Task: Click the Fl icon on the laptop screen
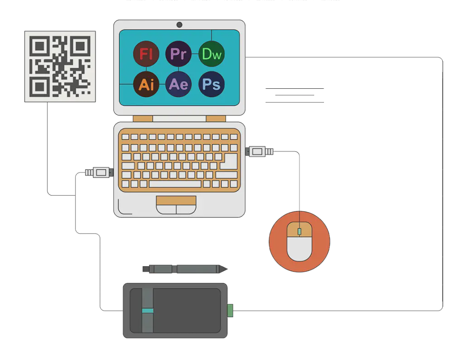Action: click(146, 54)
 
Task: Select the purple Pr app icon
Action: click(178, 54)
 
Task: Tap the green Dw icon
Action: click(211, 54)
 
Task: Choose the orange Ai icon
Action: click(146, 84)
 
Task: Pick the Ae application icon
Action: click(178, 84)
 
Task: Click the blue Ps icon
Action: click(211, 84)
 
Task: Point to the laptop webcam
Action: click(179, 24)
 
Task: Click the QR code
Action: click(60, 66)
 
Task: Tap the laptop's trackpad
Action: click(176, 205)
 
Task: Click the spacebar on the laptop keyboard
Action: click(175, 184)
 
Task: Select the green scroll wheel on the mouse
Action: click(299, 231)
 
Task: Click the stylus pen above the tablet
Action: click(181, 269)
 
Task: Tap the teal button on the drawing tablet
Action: click(148, 311)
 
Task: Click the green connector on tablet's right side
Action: click(230, 311)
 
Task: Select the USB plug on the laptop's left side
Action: click(101, 173)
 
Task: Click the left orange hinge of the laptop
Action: click(143, 119)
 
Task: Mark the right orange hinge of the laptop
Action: click(215, 119)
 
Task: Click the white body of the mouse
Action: click(299, 248)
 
